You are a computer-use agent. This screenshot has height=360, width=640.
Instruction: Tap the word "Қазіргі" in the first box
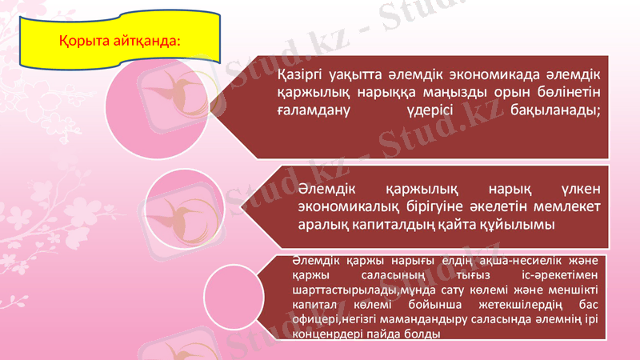[301, 76]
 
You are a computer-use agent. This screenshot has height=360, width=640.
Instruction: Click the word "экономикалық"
[345, 208]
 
